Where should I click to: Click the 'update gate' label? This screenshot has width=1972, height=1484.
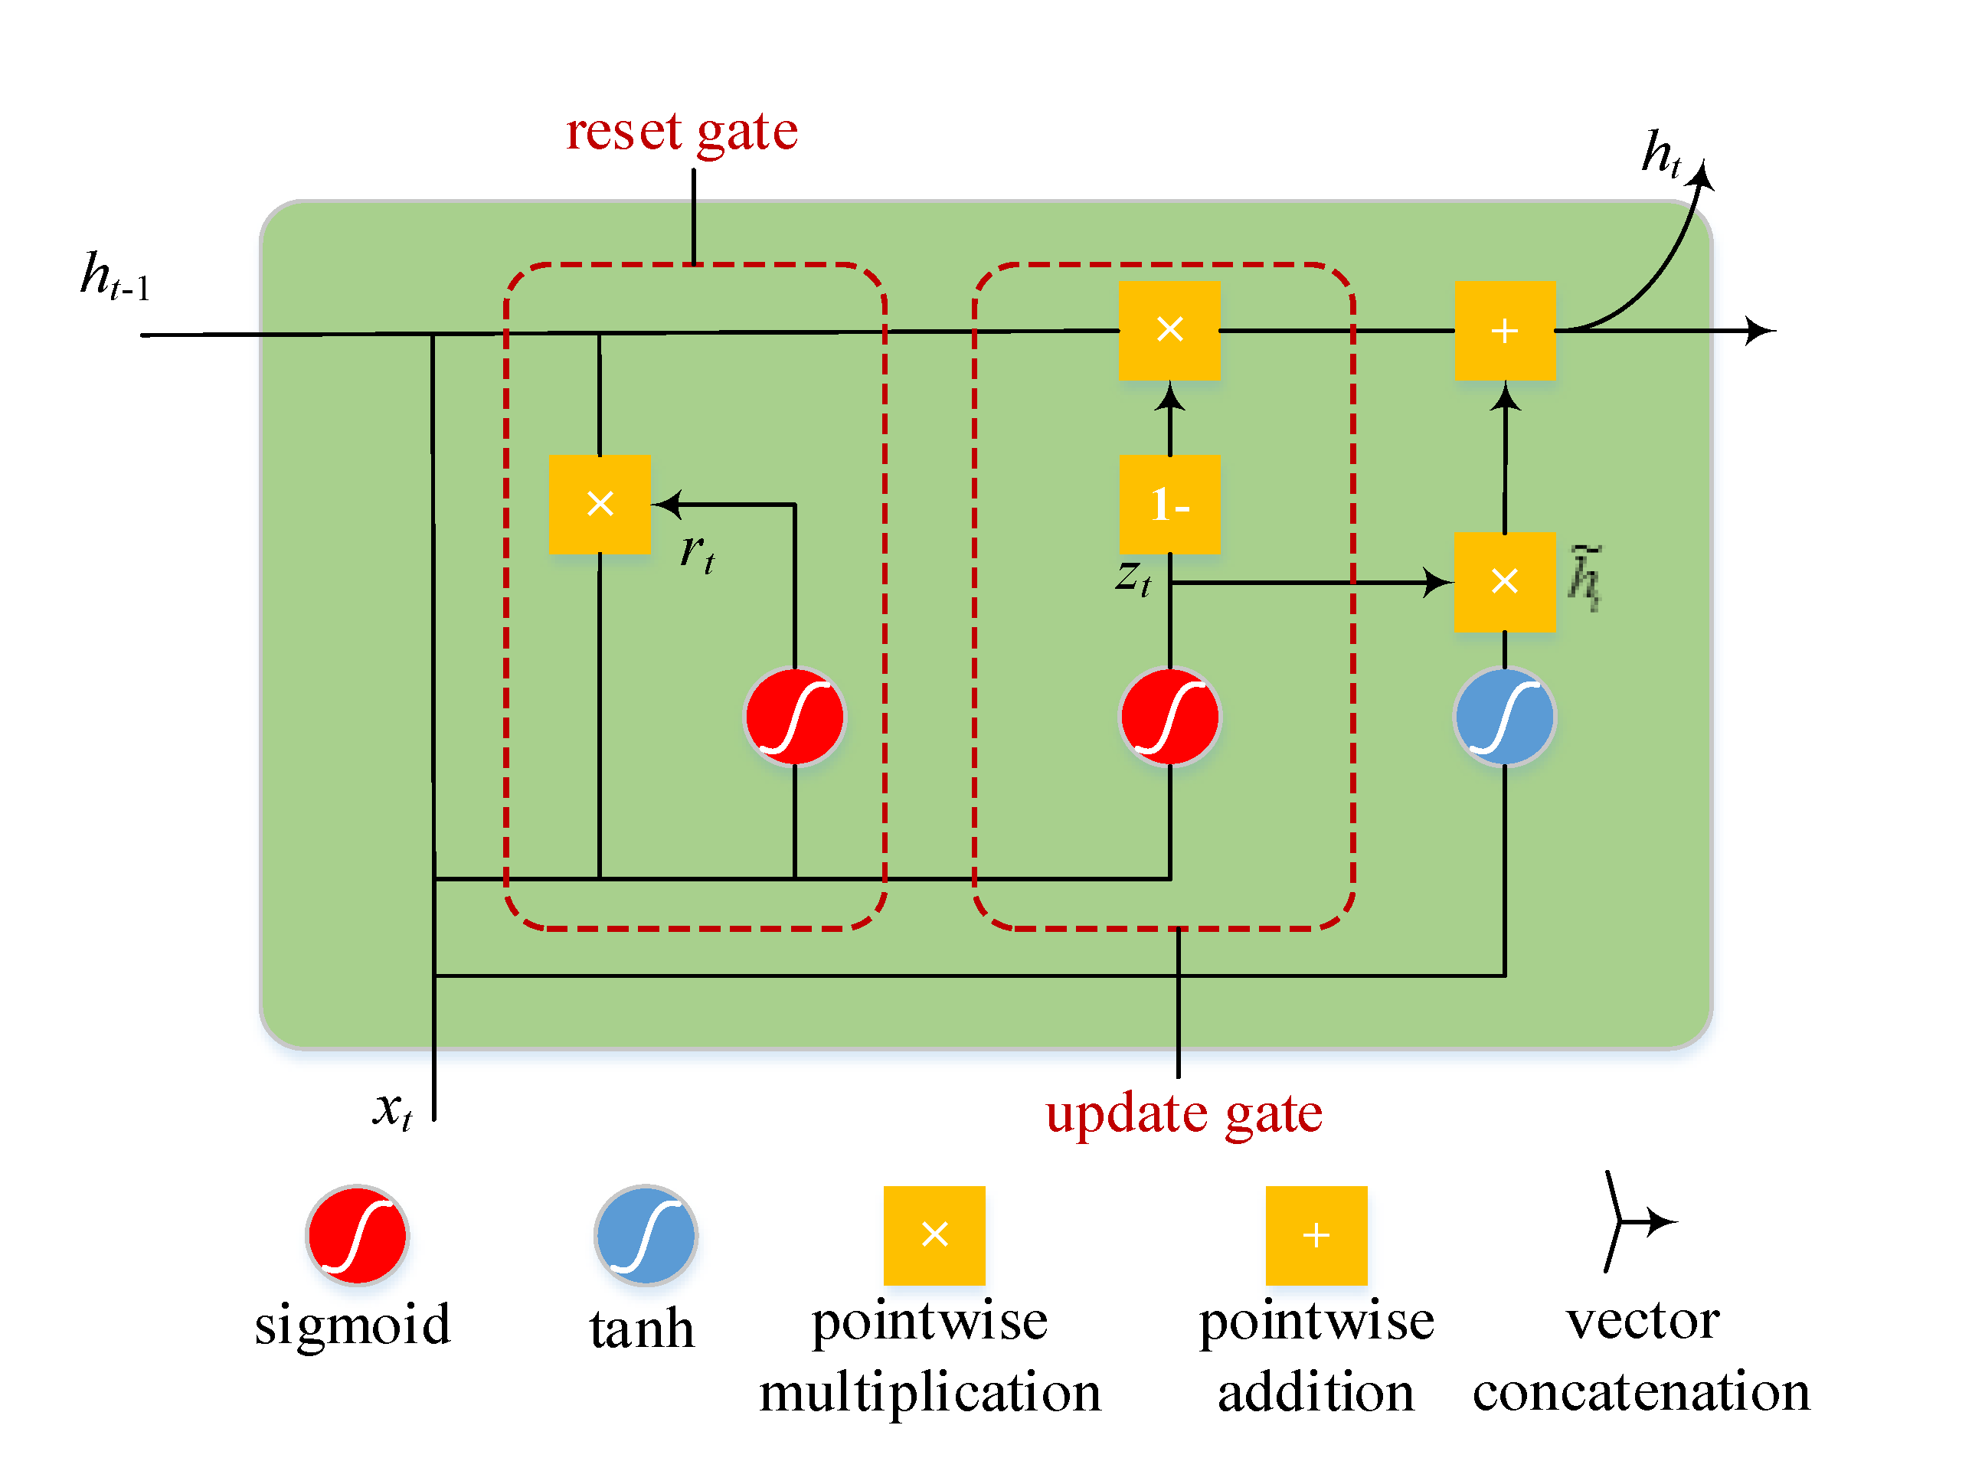[1184, 1114]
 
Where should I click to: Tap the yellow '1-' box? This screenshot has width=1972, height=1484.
[1169, 505]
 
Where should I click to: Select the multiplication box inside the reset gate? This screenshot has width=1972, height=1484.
[599, 504]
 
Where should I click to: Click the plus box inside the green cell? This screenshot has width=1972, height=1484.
[1505, 331]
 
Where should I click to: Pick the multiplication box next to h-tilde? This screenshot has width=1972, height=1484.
[1505, 582]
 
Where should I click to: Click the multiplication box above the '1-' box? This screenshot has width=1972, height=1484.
[1169, 330]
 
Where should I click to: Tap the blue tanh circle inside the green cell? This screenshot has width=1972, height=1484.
[1505, 717]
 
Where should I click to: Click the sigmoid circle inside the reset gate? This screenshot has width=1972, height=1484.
[794, 717]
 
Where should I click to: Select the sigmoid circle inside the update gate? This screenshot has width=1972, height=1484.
[1169, 717]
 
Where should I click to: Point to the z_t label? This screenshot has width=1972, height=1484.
[1132, 577]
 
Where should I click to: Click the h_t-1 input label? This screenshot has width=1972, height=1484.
[114, 276]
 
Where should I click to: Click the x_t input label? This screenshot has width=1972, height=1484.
[392, 1110]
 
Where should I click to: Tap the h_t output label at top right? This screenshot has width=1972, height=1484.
[1660, 153]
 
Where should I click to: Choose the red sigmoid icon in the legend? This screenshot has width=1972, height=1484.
[357, 1235]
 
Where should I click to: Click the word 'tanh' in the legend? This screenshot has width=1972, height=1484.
[642, 1329]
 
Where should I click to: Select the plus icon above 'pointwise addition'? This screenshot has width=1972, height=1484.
[1316, 1235]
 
